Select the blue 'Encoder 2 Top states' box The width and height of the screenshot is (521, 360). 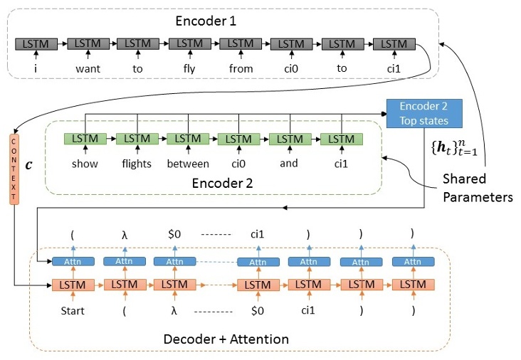[x=424, y=112]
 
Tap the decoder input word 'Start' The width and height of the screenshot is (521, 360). [x=73, y=310]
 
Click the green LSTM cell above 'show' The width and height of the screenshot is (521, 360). [x=85, y=138]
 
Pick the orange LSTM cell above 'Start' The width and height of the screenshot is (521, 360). [x=73, y=285]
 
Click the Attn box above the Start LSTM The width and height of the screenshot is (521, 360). [x=73, y=262]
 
